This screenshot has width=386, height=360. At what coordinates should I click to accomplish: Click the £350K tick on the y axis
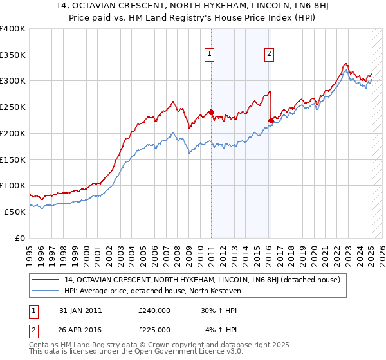[x=13, y=55]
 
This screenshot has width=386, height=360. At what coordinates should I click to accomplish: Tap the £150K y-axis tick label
[x=13, y=159]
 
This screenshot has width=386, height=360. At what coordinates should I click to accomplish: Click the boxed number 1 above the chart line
[x=210, y=55]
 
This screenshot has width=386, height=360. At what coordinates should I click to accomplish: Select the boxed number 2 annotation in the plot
[x=268, y=55]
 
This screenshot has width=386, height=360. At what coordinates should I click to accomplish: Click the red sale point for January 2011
[x=211, y=112]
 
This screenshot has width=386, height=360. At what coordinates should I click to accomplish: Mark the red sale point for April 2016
[x=271, y=120]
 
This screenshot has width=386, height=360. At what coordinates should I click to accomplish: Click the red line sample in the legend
[x=44, y=280]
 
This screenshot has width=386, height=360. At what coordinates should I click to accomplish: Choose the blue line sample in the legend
[x=44, y=291]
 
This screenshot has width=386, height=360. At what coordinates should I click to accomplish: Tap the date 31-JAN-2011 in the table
[x=79, y=310]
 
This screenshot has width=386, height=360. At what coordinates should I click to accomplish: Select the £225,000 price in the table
[x=154, y=330]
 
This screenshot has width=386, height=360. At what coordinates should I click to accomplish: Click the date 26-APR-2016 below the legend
[x=79, y=330]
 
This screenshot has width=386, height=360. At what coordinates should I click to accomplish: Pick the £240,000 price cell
[x=154, y=310]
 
